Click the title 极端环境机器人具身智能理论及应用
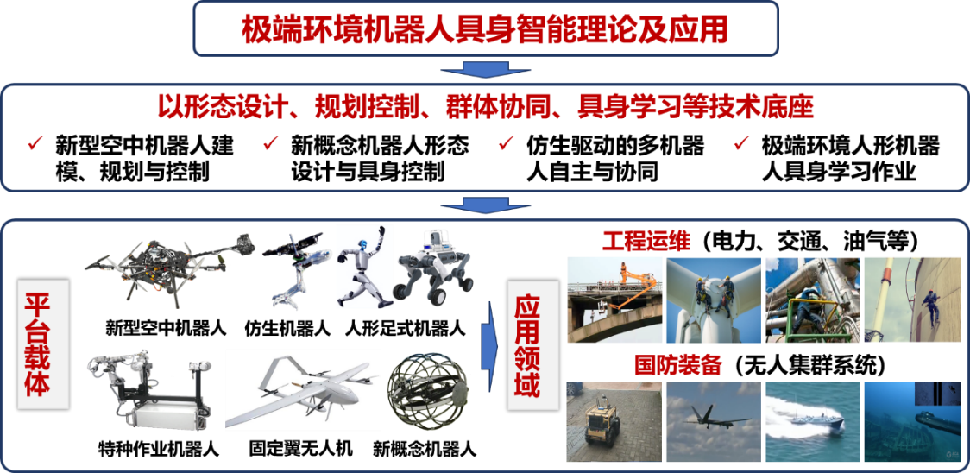coord(484,28)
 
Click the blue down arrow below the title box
coord(484,69)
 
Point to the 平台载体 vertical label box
coord(42,344)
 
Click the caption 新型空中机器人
coord(166,327)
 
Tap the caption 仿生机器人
coord(287,327)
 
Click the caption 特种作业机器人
coord(159,447)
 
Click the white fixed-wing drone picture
coord(303,393)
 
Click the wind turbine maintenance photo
coord(713,300)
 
